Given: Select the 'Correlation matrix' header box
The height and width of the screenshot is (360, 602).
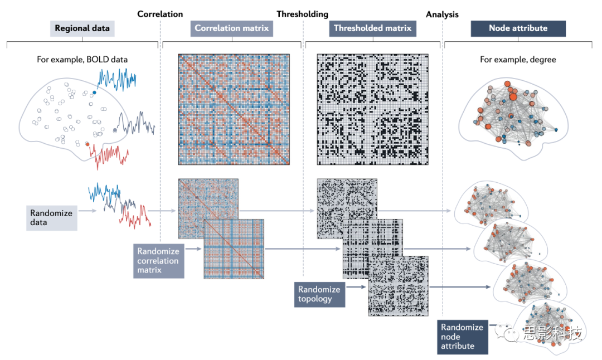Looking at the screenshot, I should pos(231,28).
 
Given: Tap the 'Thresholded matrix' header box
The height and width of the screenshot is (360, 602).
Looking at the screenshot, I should pos(372,28).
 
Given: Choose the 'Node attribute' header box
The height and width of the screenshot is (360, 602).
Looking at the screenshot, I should pos(518,28).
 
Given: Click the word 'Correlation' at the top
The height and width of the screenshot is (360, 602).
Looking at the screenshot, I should pos(160,14).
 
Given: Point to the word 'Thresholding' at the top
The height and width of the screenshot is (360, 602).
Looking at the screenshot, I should pos(302,14).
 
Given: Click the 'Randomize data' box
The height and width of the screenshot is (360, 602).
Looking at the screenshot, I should pos(51,217).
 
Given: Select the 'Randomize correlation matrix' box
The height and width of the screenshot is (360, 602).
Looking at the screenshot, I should pos(159,260).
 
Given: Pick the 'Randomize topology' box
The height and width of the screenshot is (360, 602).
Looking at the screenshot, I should pos(320,294).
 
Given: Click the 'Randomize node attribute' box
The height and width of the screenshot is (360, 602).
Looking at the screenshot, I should pos(463,337).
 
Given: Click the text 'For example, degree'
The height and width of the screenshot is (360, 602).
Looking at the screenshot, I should pos(518,60).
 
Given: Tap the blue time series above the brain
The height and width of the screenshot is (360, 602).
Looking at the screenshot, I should pos(118,80).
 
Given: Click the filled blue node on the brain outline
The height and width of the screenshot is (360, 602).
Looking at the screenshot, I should pos(94,93).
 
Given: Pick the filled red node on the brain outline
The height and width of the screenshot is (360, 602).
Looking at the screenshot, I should pos(88,144).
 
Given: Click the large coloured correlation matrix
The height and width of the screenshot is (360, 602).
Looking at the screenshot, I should pos(234,109).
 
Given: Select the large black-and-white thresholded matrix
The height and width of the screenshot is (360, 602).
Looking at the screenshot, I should pos(372,109).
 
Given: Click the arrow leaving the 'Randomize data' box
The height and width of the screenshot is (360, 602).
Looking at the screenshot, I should pos(86,211).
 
